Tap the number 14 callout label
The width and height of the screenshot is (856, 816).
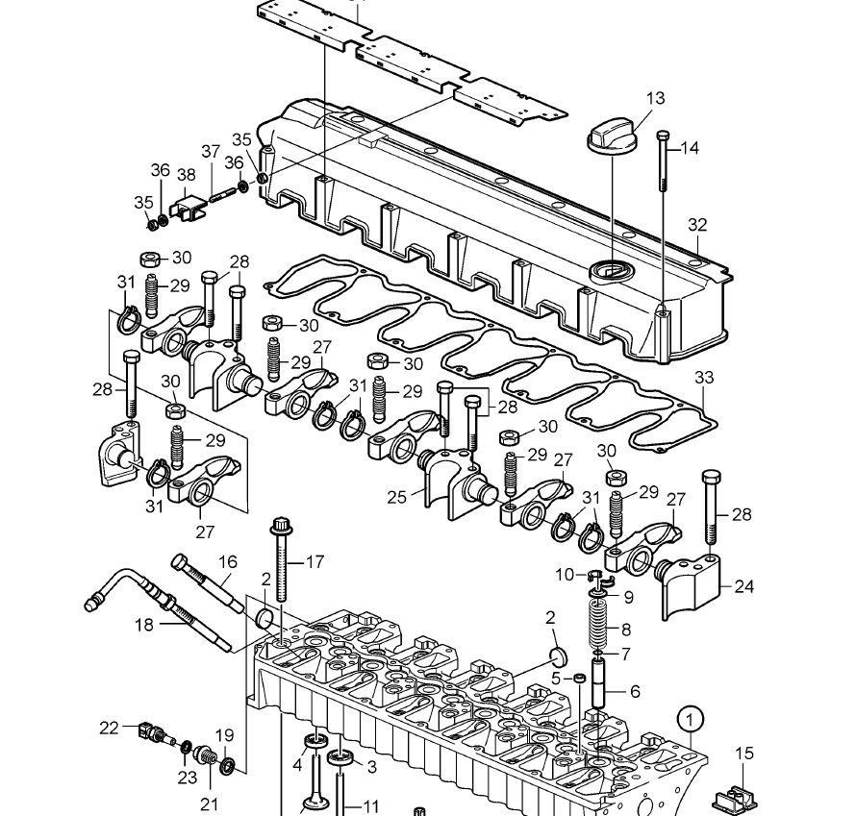tap(690, 148)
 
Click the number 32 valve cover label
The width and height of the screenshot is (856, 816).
tap(697, 225)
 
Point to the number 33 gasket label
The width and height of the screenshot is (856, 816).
tap(705, 378)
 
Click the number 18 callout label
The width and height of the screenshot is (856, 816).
tap(143, 625)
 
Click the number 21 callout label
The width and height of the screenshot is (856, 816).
tap(209, 804)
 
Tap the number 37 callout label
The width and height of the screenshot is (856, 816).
tap(211, 151)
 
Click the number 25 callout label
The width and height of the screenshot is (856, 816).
tap(397, 498)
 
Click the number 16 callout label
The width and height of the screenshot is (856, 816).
tap(227, 562)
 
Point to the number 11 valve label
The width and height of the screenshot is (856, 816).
tap(370, 806)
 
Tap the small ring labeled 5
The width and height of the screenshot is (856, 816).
tap(580, 680)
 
